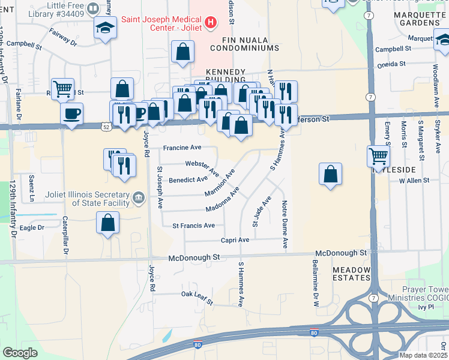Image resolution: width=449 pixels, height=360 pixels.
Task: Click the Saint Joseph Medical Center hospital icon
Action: coord(210,23)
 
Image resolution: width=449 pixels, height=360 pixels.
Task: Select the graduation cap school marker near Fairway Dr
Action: coord(105,28)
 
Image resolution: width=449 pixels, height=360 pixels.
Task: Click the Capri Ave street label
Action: coord(235,240)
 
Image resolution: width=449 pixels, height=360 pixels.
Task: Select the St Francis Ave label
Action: coord(193,226)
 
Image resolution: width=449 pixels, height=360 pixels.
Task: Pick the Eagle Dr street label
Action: coord(32,228)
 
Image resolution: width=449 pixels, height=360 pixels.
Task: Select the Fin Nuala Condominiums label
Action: coord(244,48)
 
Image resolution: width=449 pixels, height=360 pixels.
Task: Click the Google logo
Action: coord(20,353)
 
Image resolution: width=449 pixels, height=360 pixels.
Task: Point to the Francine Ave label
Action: coord(181,148)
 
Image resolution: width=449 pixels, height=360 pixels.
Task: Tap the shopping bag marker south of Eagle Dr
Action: coord(107,223)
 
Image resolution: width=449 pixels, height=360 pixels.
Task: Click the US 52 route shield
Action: coord(106,127)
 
